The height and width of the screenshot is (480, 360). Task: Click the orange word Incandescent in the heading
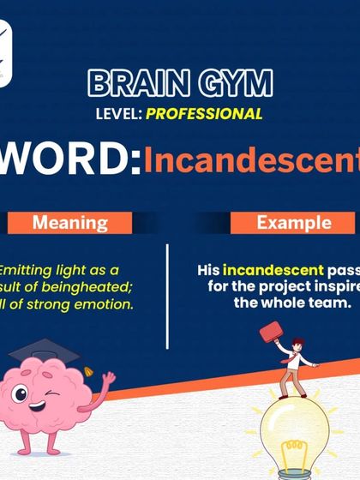[251, 160]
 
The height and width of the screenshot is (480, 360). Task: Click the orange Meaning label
[69, 224]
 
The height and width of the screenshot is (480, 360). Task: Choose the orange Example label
[293, 224]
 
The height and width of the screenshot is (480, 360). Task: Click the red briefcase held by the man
[271, 331]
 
